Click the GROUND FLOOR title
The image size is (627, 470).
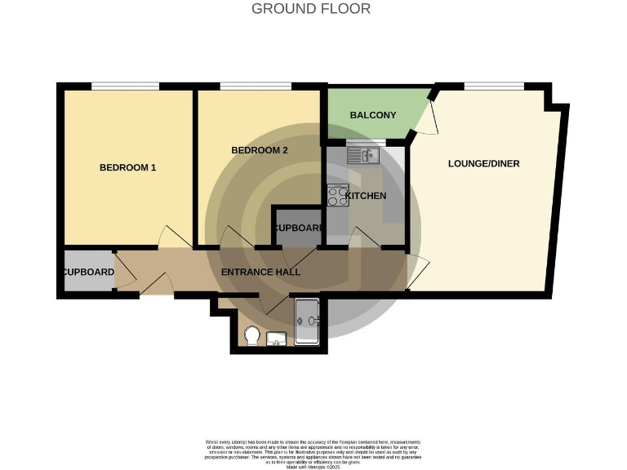click(x=310, y=9)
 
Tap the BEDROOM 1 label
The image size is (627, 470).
click(x=127, y=167)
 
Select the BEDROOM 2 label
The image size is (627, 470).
click(x=260, y=150)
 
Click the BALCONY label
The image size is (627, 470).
click(x=372, y=115)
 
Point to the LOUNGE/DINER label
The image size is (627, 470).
click(x=483, y=163)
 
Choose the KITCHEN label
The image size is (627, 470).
click(x=365, y=196)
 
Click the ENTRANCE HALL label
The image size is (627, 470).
click(x=260, y=272)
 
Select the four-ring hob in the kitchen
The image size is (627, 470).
click(x=337, y=195)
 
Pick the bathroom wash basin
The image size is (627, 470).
click(x=276, y=338)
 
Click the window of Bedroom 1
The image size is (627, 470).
click(x=124, y=86)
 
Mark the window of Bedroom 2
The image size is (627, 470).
click(x=255, y=86)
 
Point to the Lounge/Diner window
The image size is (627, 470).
click(x=493, y=86)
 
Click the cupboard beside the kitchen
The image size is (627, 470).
click(x=297, y=228)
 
